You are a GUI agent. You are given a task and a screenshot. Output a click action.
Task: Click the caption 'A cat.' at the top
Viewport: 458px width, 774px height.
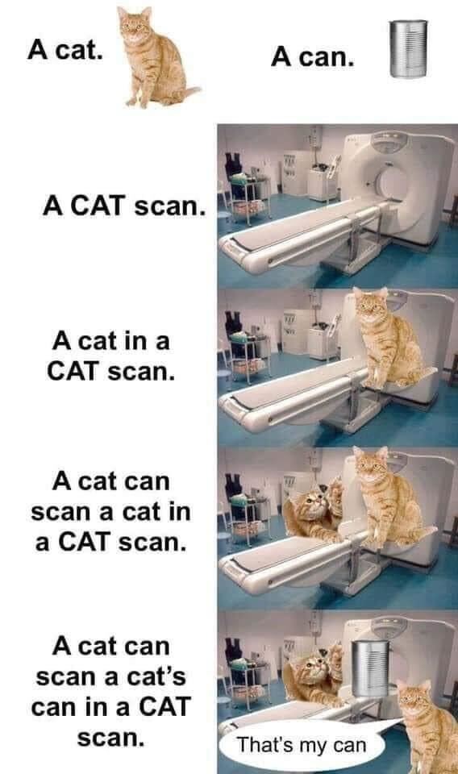coord(65,50)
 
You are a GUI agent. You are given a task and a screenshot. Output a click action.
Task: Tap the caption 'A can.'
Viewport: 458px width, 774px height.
coord(312,57)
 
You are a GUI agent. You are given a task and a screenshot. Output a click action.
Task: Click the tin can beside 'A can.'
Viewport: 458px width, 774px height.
coord(409,48)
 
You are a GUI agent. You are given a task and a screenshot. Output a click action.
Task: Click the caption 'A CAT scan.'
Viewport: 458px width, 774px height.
coord(124,206)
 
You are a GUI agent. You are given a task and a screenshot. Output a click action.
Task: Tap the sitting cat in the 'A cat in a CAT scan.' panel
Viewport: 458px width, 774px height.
coord(390,340)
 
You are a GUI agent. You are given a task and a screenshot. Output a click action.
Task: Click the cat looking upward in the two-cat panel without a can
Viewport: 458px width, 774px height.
coord(314,511)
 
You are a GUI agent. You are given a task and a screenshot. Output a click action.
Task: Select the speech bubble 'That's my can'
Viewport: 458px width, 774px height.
coord(302,744)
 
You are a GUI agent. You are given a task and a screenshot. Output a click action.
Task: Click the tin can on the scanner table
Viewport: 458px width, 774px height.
coord(370,669)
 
